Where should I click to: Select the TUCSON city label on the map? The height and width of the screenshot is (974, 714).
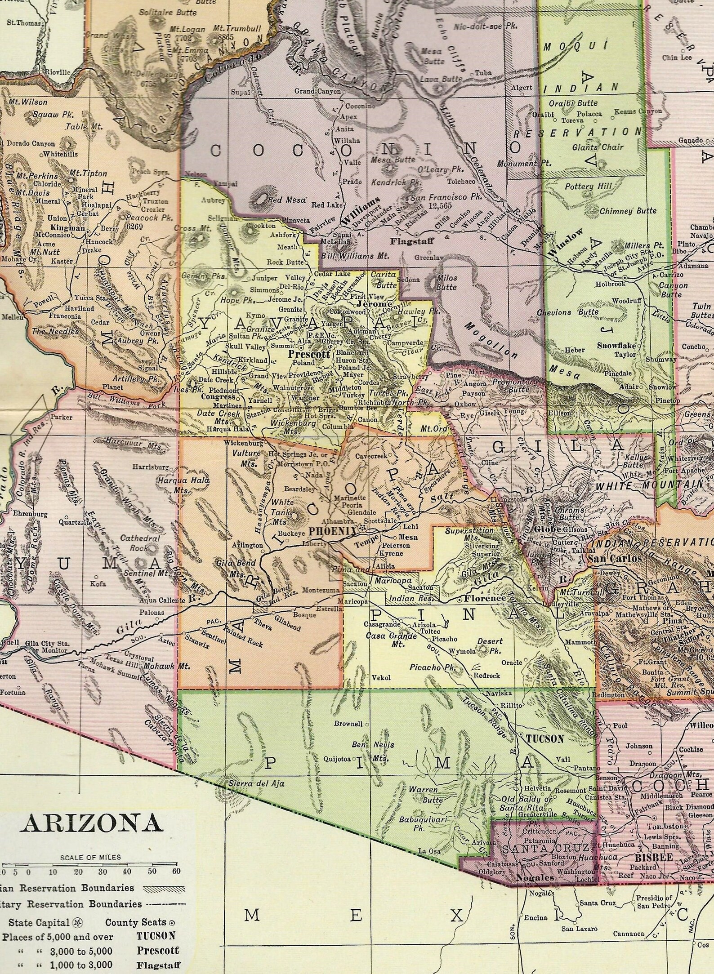pyautogui.click(x=544, y=738)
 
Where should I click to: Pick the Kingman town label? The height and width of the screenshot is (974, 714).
pyautogui.click(x=68, y=228)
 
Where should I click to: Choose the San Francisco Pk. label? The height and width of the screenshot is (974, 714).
pyautogui.click(x=446, y=197)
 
